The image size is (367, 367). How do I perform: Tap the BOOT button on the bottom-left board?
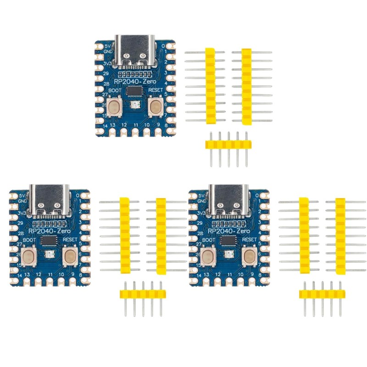tap(29, 257)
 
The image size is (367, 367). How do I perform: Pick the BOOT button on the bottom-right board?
tap(208, 257)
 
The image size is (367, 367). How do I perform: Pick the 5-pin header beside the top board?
tap(228, 145)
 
